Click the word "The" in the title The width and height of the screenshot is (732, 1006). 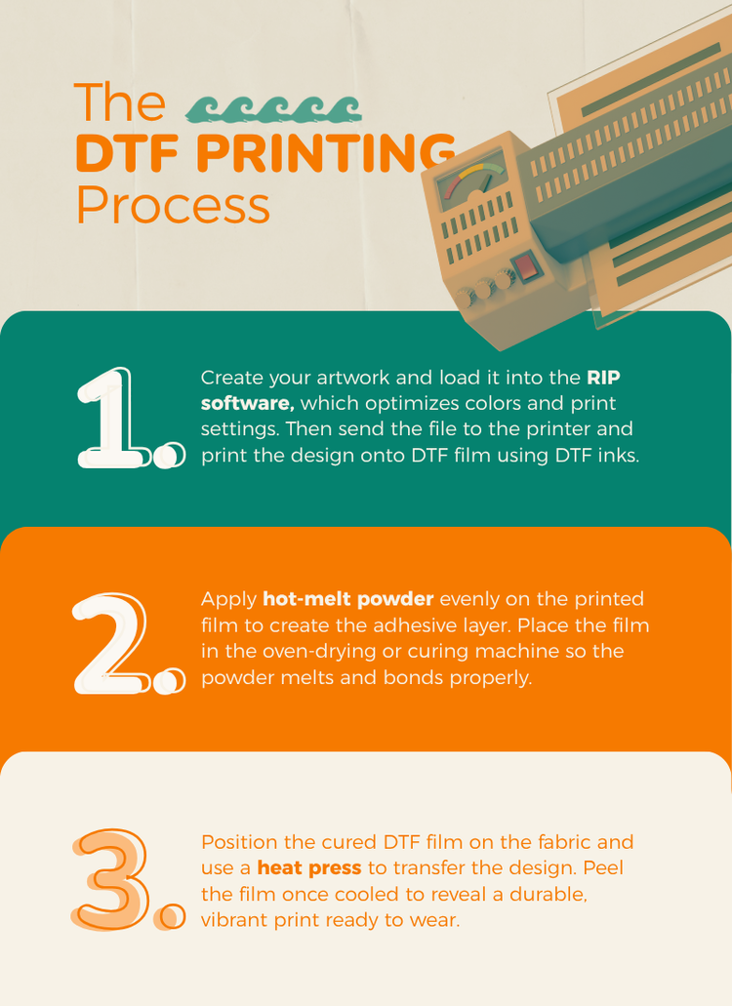(119, 102)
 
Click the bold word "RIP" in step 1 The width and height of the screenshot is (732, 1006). (603, 377)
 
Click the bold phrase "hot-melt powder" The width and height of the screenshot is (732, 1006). (347, 598)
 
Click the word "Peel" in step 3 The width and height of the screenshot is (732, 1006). (613, 867)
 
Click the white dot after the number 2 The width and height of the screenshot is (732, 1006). (170, 681)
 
